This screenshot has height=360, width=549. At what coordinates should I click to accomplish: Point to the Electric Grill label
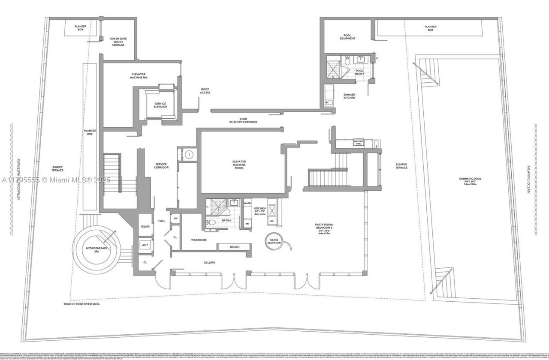359,142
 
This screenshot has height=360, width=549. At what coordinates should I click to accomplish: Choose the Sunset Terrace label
57,169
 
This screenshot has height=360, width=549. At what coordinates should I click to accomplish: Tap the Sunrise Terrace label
401,166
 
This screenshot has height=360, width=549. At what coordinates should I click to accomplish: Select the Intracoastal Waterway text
19,180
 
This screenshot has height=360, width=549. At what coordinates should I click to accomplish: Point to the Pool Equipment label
347,37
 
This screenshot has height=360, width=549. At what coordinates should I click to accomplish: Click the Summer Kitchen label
349,96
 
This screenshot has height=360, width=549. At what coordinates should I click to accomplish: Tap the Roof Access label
205,91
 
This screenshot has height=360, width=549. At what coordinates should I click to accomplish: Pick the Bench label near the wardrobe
235,247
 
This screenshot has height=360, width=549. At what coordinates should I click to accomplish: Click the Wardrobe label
199,240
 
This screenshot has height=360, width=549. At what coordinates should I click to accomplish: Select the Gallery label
209,263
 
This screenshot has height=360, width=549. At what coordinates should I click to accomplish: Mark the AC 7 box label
145,245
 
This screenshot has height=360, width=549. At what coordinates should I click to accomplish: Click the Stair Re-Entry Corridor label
243,120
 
